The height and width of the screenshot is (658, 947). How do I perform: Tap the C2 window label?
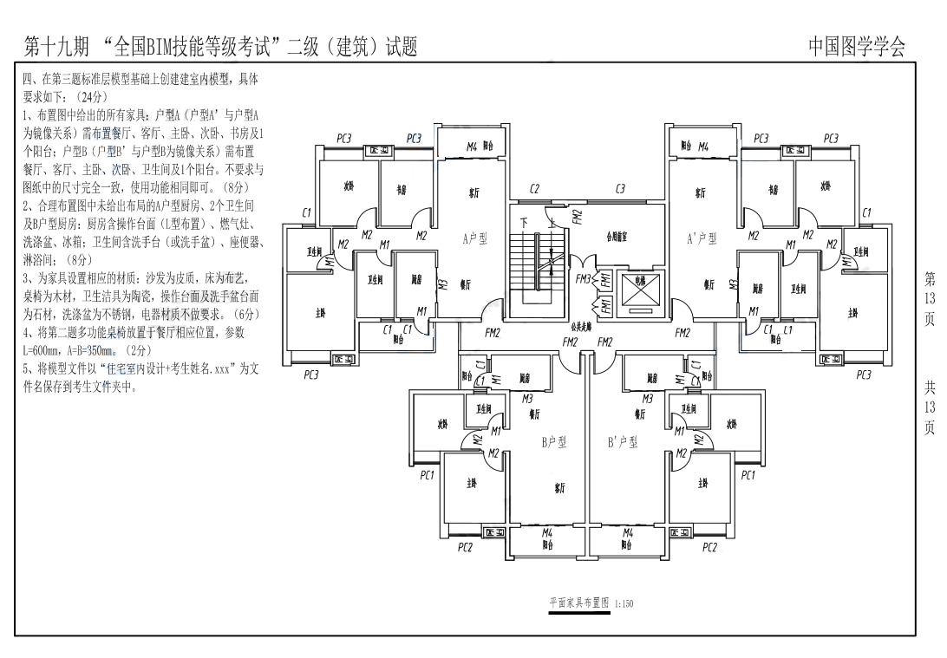click(535, 189)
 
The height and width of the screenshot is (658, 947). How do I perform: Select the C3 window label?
click(621, 189)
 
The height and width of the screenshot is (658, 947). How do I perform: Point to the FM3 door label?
click(584, 280)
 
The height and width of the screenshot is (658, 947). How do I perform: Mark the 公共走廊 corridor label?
click(582, 327)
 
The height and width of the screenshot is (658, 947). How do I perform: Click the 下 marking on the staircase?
click(523, 223)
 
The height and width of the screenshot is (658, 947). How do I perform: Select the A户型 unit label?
click(474, 238)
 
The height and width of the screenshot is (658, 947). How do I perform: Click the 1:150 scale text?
click(624, 604)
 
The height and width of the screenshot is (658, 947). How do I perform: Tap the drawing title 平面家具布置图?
click(579, 603)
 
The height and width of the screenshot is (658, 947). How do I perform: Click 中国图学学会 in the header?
click(856, 47)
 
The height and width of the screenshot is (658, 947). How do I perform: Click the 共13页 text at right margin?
click(930, 407)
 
